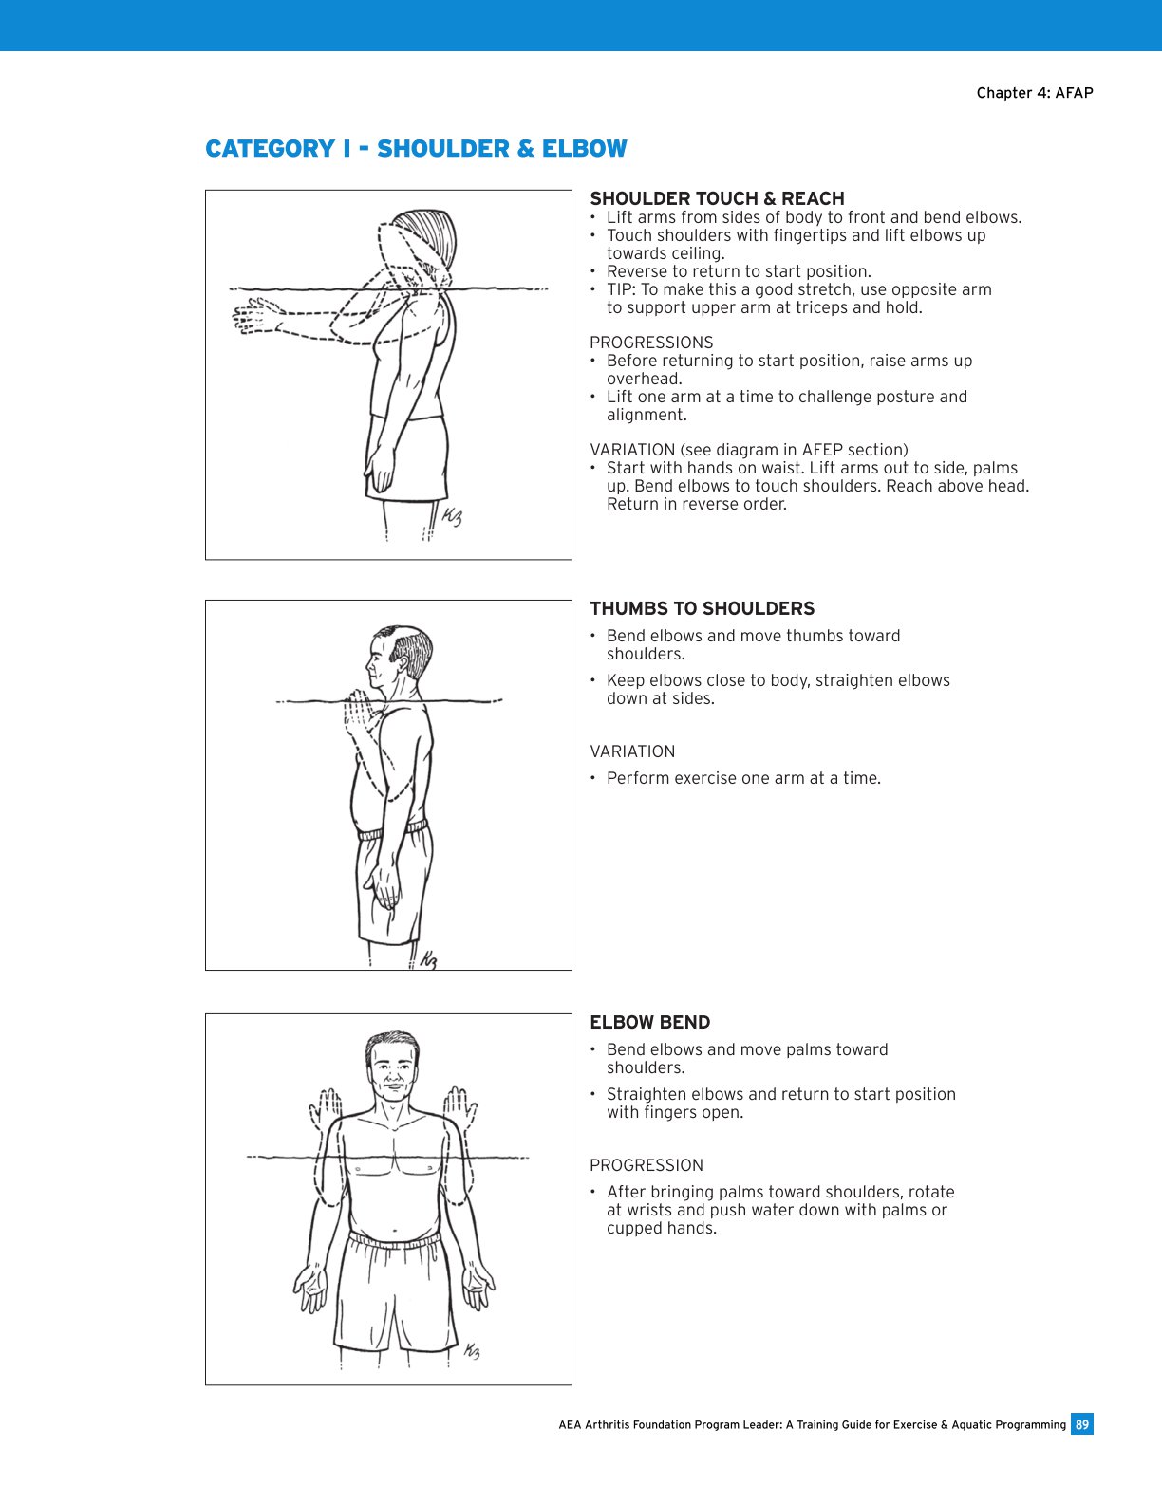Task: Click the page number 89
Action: pyautogui.click(x=1082, y=1424)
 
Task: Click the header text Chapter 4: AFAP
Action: pyautogui.click(x=1034, y=93)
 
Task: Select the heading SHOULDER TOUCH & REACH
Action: pyautogui.click(x=717, y=198)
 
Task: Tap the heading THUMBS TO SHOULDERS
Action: pyautogui.click(x=702, y=609)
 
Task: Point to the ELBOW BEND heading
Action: pyautogui.click(x=649, y=1023)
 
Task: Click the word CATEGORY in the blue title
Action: pyautogui.click(x=270, y=149)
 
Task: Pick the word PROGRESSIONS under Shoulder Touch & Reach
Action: pyautogui.click(x=651, y=343)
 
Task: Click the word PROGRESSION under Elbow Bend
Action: pyautogui.click(x=647, y=1165)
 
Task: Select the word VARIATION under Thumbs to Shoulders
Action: pyautogui.click(x=632, y=751)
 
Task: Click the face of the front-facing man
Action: pyautogui.click(x=391, y=1072)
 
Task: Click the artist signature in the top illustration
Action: pyautogui.click(x=452, y=517)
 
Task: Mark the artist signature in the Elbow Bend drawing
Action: pyautogui.click(x=472, y=1351)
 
